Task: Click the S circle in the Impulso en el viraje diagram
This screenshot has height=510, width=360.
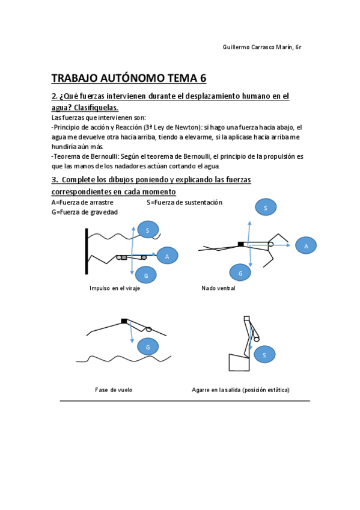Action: point(148,229)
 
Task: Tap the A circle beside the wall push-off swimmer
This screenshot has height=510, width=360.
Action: point(167,256)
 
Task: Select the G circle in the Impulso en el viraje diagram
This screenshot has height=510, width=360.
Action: point(146,275)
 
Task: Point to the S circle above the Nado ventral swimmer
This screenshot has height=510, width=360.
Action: point(265,207)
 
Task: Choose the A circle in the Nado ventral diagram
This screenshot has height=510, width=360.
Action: point(306,245)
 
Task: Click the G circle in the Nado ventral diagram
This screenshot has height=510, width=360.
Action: point(240,272)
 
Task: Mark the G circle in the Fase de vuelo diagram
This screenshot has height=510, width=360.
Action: point(148,347)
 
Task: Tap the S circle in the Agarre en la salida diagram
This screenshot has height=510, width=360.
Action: point(264,355)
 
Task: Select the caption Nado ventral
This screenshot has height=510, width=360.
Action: point(218,289)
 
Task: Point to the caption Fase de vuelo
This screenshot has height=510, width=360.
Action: point(114,390)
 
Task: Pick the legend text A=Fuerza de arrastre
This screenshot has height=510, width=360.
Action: point(82,203)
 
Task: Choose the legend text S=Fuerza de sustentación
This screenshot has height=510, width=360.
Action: point(184,203)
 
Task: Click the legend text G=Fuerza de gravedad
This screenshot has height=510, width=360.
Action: point(84,212)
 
